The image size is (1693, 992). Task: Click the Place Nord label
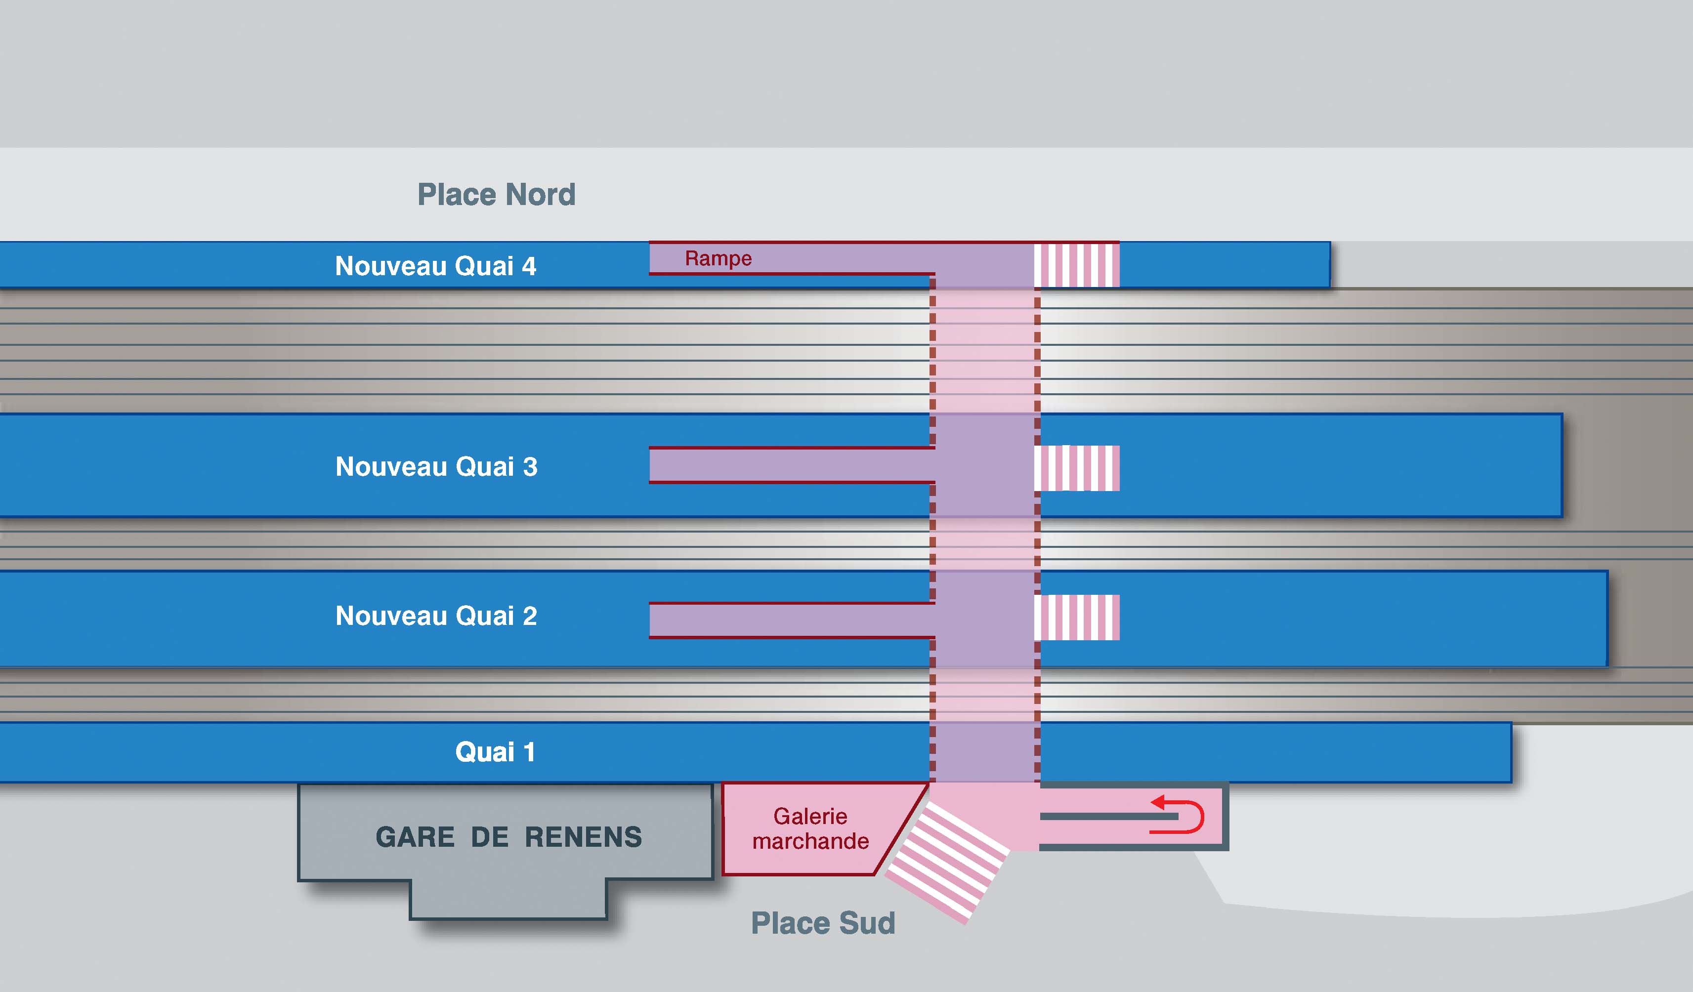click(x=497, y=195)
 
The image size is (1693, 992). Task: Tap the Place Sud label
click(x=823, y=923)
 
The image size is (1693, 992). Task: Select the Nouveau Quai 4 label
click(x=435, y=266)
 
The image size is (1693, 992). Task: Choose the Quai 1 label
click(x=495, y=751)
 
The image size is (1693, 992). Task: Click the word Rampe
click(x=718, y=258)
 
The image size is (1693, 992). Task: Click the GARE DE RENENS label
click(x=508, y=837)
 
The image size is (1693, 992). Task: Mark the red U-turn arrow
click(x=1179, y=816)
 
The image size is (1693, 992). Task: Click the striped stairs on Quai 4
click(x=1076, y=265)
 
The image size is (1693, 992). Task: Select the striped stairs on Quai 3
click(x=1076, y=468)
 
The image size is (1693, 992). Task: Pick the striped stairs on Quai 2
click(x=1076, y=617)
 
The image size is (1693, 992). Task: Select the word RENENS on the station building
click(x=583, y=837)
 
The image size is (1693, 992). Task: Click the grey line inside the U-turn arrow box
click(x=1102, y=817)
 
